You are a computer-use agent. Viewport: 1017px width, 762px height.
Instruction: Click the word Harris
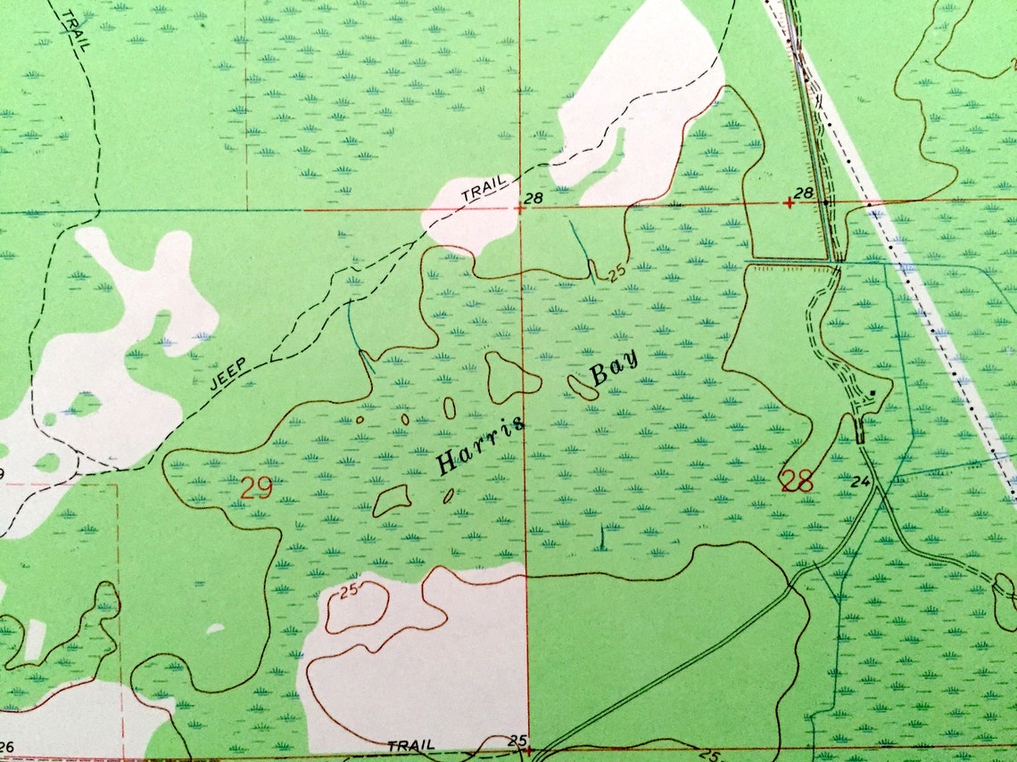tap(480, 444)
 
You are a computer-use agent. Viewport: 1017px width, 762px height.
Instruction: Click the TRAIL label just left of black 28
tap(483, 188)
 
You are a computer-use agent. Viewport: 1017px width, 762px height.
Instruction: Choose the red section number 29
tap(256, 488)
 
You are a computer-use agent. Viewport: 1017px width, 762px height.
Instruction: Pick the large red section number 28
tap(797, 481)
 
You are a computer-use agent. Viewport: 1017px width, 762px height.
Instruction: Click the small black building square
tap(872, 393)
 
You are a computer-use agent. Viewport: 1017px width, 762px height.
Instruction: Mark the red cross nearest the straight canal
tap(789, 203)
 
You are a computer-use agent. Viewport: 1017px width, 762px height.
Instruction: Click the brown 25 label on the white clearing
tap(349, 589)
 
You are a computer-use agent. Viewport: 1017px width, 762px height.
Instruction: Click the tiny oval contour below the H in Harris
tap(448, 496)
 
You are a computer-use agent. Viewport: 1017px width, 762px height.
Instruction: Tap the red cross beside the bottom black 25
tap(529, 750)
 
